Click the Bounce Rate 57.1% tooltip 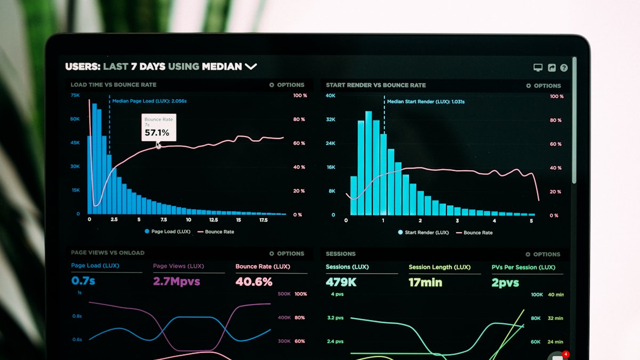click(158, 127)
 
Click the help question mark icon click(564, 68)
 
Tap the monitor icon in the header click(538, 68)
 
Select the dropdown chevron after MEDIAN click(251, 67)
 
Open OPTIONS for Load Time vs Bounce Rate click(287, 85)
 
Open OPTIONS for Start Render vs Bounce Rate click(543, 86)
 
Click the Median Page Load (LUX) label click(149, 101)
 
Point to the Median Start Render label click(425, 101)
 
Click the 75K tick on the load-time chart click(75, 95)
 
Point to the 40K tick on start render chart click(331, 95)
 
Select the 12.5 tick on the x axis click(213, 220)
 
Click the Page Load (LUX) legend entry click(167, 231)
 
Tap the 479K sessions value click(341, 282)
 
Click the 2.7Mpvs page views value click(177, 281)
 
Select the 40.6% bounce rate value click(254, 282)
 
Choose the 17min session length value click(425, 283)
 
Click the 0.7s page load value click(83, 281)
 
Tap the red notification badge click(566, 354)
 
